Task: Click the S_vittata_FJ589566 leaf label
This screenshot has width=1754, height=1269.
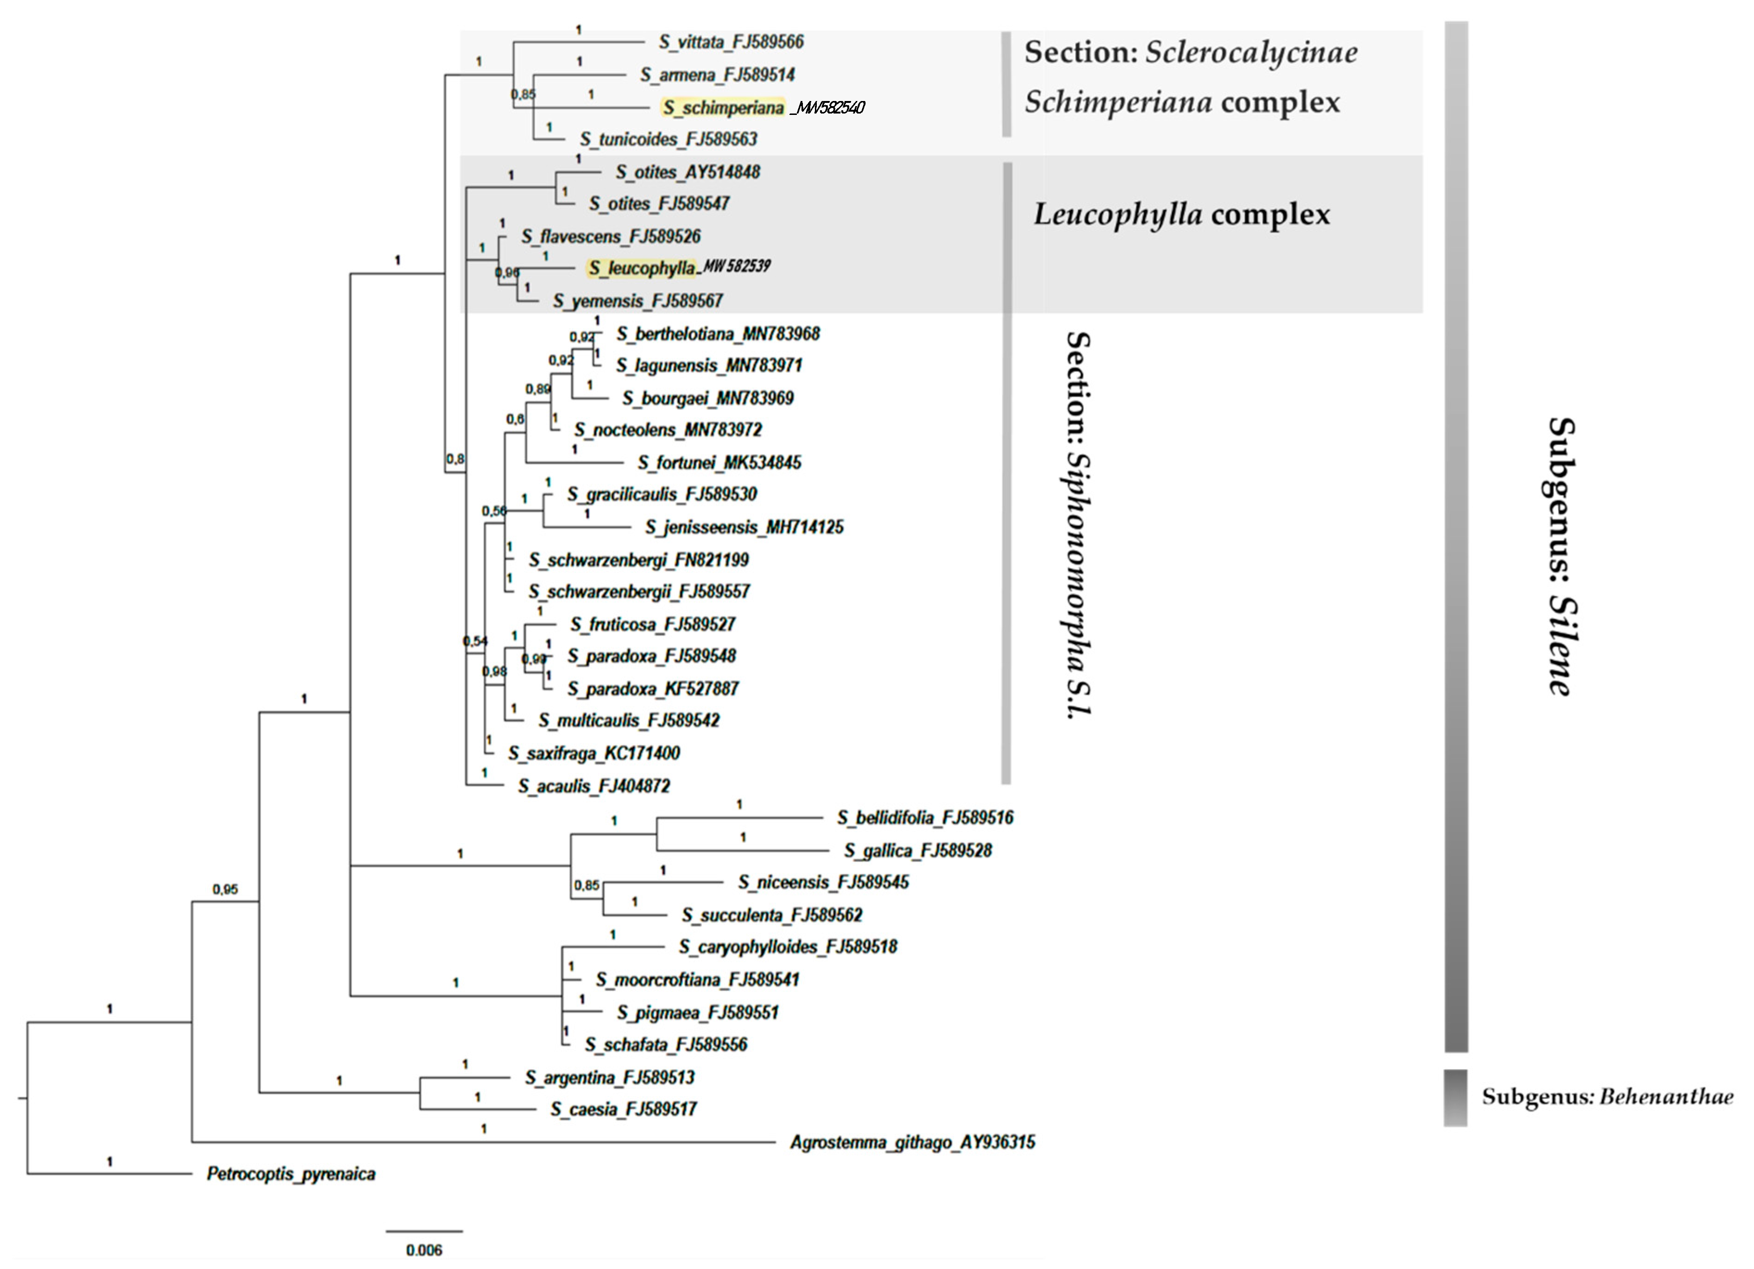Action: (731, 42)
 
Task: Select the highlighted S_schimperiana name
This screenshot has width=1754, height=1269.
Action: (723, 107)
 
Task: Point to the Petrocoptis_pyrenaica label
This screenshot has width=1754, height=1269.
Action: (291, 1174)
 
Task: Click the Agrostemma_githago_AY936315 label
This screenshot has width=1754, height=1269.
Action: (912, 1142)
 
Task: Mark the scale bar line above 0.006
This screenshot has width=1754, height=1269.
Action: (424, 1231)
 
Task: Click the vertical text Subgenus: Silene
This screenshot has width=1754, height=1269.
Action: (1561, 557)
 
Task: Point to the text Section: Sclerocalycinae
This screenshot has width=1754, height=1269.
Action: (1191, 52)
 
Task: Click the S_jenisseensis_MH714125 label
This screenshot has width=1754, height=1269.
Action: (744, 527)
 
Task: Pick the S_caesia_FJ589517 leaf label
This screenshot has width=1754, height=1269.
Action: (623, 1110)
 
